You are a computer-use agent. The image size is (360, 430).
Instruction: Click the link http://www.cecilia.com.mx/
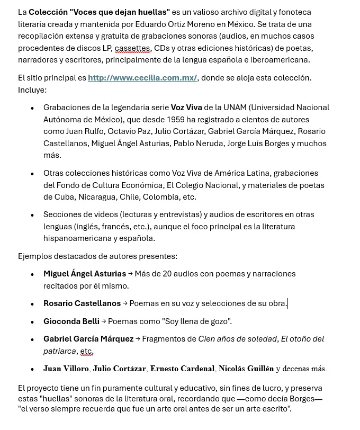pos(142,78)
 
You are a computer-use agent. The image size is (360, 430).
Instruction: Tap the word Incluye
pos(31,90)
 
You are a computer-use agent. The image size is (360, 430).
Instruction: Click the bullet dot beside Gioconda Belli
pos(32,321)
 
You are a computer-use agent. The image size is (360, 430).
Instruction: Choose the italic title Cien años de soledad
pos(238,339)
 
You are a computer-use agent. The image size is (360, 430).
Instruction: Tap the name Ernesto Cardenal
pos(182,369)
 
